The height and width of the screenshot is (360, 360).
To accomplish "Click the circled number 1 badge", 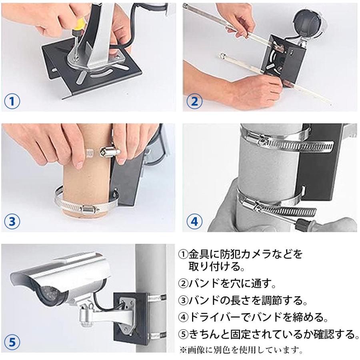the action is coord(12,101).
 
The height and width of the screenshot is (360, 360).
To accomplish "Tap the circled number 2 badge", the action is coord(194,101).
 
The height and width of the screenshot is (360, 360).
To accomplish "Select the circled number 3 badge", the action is coord(12,222).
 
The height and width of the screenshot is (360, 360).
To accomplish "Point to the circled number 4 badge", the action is coord(194,222).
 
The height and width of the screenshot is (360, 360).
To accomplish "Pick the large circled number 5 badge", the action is coord(12,342).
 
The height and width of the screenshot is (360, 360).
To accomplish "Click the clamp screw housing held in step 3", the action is coord(110,152).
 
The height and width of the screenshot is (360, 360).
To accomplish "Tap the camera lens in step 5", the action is coord(49,295).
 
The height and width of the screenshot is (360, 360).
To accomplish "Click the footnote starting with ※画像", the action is coord(241,350).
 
